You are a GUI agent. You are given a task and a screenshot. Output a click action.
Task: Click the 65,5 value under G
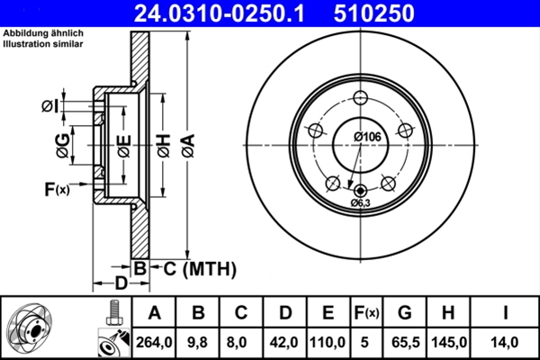405,342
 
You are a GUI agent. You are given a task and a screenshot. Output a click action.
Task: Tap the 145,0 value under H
450,342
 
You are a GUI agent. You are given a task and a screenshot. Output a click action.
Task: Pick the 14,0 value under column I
505,342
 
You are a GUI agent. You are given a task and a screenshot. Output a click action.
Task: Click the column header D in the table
286,313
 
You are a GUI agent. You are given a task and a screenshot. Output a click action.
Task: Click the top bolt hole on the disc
362,99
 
